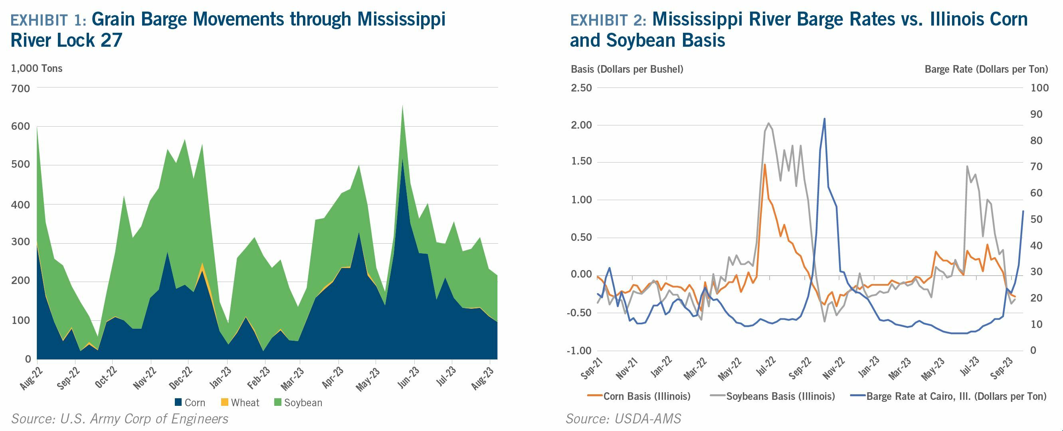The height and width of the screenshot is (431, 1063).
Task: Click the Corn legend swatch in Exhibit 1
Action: pyautogui.click(x=178, y=402)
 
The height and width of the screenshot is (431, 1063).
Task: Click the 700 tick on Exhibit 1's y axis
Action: pyautogui.click(x=21, y=88)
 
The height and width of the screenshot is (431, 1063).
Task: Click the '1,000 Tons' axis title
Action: pyautogui.click(x=37, y=69)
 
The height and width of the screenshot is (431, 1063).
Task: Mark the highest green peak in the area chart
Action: pyautogui.click(x=402, y=106)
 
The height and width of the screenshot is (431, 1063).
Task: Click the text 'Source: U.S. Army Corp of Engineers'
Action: pyautogui.click(x=120, y=419)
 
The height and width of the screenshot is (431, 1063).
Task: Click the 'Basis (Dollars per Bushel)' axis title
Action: pyautogui.click(x=627, y=70)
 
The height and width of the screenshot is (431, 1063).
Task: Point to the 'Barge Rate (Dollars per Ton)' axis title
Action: pyautogui.click(x=986, y=70)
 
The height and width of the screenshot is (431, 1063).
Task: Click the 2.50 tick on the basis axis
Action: pyautogui.click(x=581, y=88)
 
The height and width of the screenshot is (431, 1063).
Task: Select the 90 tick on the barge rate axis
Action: pyautogui.click(x=1036, y=114)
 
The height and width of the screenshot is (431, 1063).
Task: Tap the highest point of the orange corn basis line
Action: pyautogui.click(x=765, y=164)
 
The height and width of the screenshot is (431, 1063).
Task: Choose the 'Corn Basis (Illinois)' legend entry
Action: pyautogui.click(x=647, y=396)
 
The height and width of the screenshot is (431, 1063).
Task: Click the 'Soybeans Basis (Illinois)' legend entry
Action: pyautogui.click(x=780, y=396)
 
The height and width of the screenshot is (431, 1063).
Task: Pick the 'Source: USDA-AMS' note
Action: pyautogui.click(x=624, y=419)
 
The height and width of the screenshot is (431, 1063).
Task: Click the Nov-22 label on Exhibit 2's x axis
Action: pyautogui.click(x=832, y=368)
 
